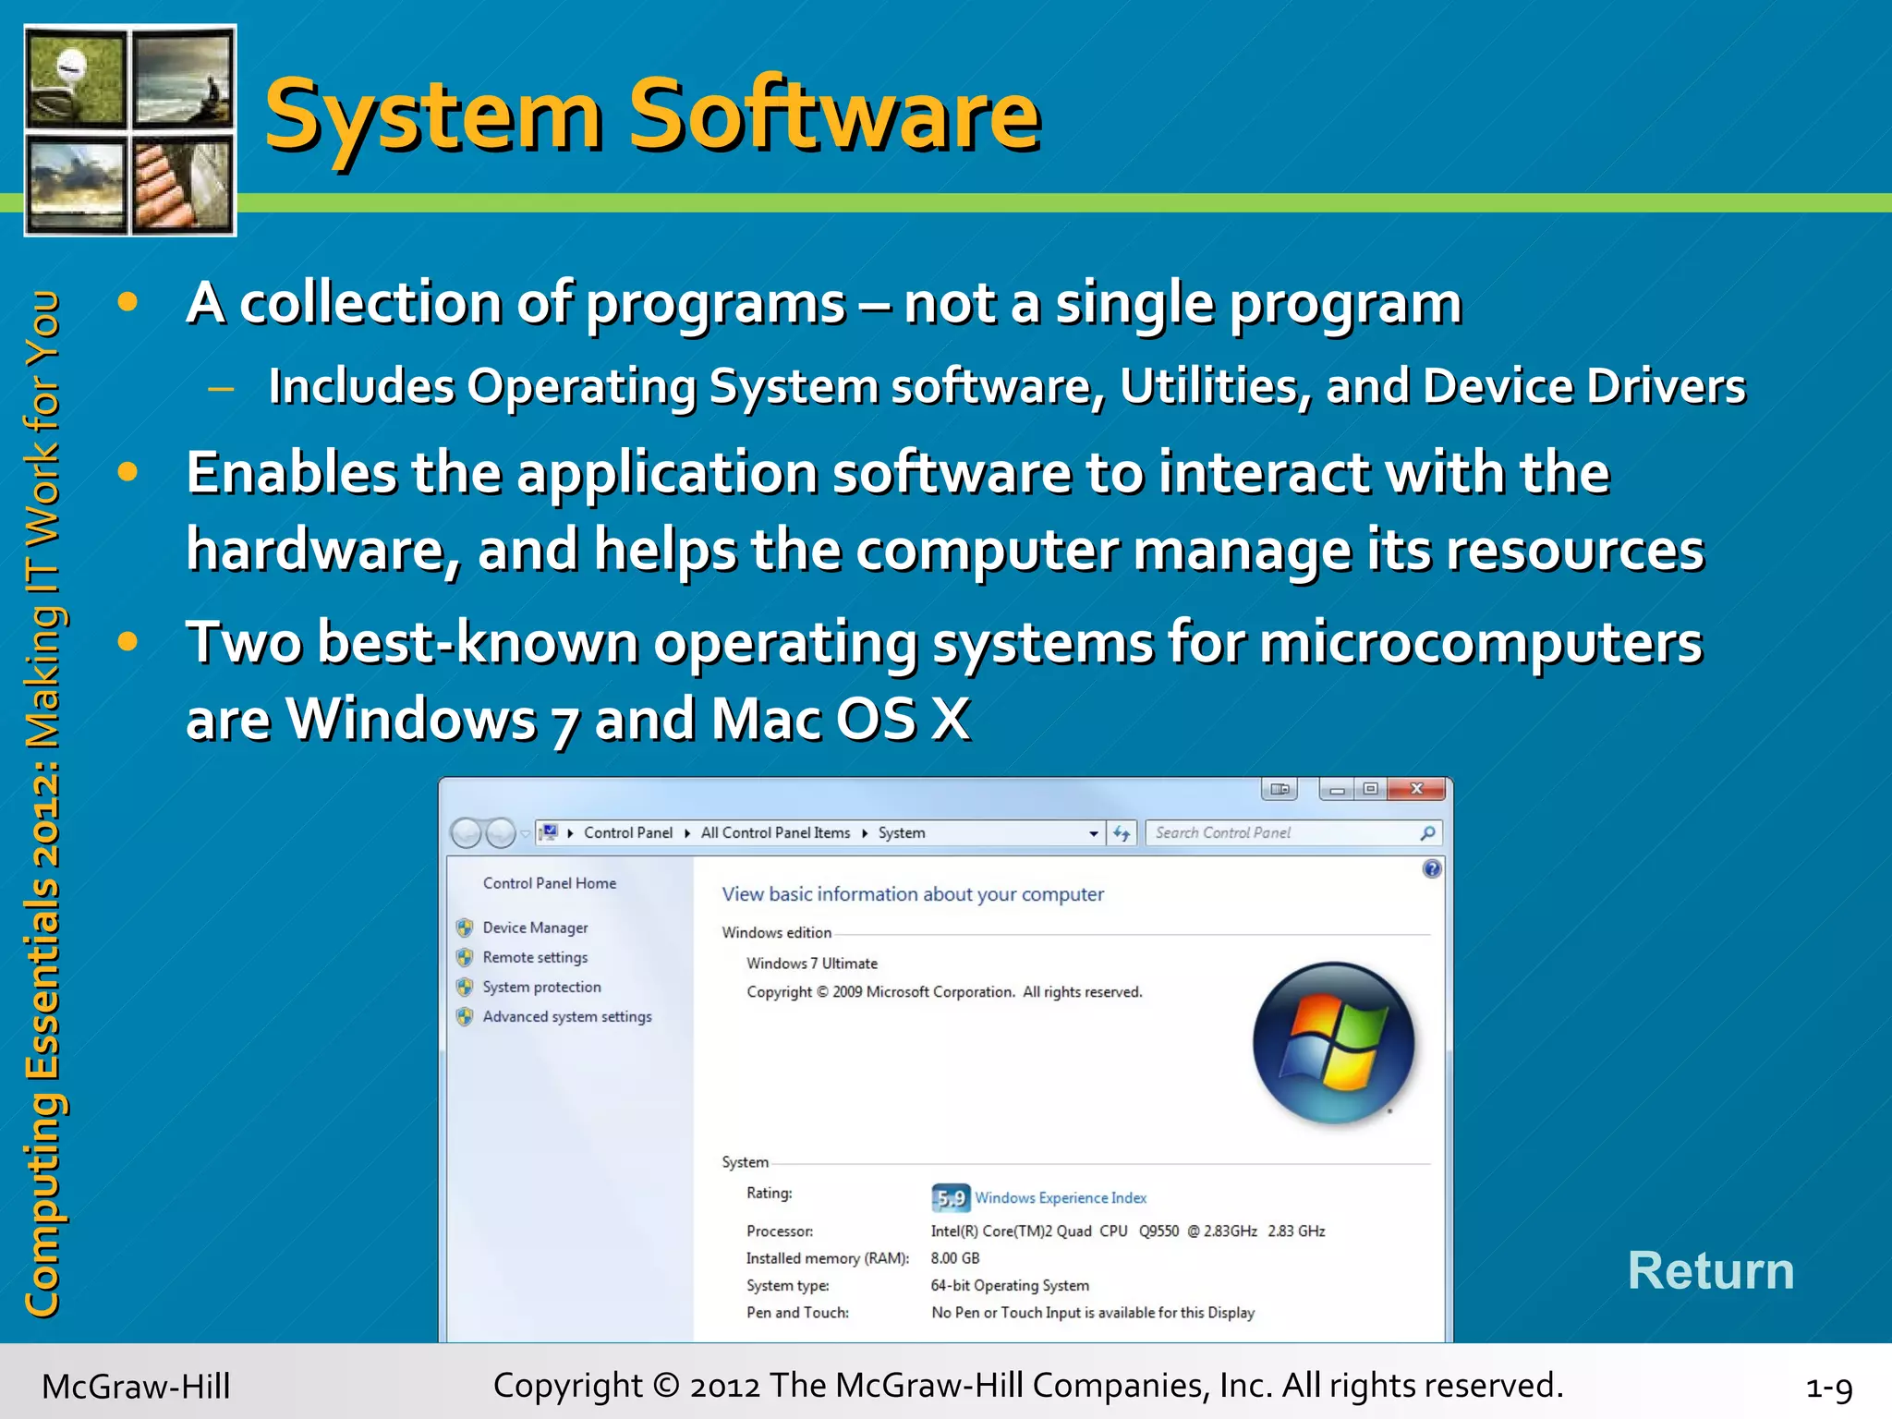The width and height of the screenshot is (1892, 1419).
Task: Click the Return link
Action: point(1710,1271)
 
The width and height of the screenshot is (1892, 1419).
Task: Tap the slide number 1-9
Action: point(1828,1388)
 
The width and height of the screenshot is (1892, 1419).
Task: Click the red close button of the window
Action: point(1416,789)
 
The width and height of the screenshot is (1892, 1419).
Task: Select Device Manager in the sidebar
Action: point(535,928)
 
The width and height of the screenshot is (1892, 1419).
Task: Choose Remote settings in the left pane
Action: point(535,957)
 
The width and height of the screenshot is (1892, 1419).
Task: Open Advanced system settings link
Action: point(566,1016)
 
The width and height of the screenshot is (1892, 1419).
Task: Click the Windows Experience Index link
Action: point(1061,1198)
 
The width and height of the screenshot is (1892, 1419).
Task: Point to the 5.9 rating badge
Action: point(950,1198)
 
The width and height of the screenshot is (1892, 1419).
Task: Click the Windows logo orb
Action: point(1333,1043)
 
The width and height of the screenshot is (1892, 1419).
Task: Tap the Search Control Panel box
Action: point(1284,832)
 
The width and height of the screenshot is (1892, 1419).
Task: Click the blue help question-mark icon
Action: point(1431,868)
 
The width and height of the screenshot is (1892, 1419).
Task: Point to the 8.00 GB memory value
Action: point(955,1258)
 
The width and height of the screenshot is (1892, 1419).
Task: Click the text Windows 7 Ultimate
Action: point(812,964)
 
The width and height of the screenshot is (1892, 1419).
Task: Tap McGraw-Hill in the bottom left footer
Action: point(136,1387)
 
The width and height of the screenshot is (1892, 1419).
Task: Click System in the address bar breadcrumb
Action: point(901,832)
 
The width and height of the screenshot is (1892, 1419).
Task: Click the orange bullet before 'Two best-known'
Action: point(127,641)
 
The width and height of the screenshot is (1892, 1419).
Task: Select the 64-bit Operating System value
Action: point(1010,1286)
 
